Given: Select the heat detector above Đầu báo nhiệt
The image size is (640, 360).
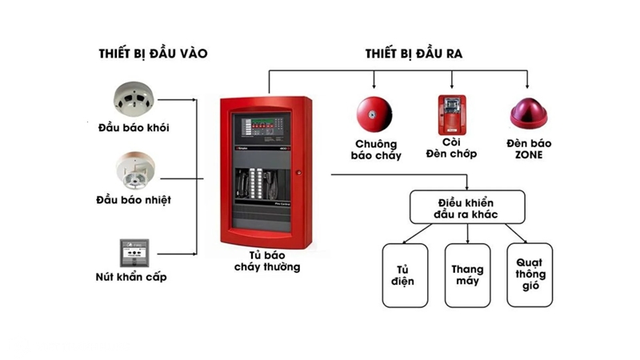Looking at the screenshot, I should click(134, 168).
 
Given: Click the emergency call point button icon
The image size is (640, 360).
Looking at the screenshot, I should click(133, 252).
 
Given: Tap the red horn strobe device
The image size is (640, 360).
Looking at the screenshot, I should click(451, 115).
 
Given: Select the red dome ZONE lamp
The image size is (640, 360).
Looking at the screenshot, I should click(529, 114).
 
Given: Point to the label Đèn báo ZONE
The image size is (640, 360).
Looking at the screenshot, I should click(529, 150).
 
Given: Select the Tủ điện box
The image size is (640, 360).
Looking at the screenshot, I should click(405, 275).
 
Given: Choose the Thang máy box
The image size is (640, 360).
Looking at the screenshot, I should click(467, 275).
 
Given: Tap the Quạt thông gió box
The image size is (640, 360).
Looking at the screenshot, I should click(529, 275).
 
